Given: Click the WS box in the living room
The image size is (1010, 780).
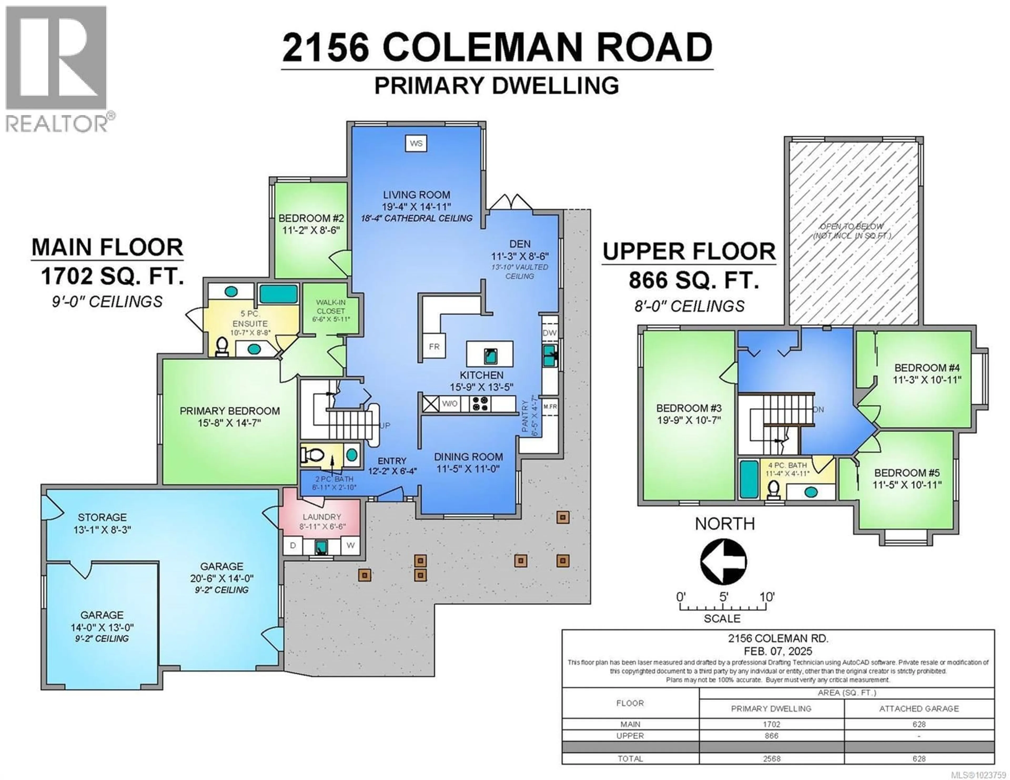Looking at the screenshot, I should [416, 143].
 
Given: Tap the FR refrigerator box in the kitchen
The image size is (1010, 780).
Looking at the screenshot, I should [434, 346].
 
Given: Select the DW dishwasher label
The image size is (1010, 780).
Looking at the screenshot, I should [549, 333].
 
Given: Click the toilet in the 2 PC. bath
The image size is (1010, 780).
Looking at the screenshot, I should [311, 455].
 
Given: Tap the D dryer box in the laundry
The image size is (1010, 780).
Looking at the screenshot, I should [293, 546].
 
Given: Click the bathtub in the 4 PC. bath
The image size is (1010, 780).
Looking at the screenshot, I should [749, 479].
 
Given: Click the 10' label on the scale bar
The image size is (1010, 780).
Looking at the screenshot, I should [767, 597].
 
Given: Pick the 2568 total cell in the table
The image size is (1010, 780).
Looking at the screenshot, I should [771, 759].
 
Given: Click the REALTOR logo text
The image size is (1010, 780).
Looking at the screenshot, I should [57, 124].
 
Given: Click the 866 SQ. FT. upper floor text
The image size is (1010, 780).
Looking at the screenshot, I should [694, 280].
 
